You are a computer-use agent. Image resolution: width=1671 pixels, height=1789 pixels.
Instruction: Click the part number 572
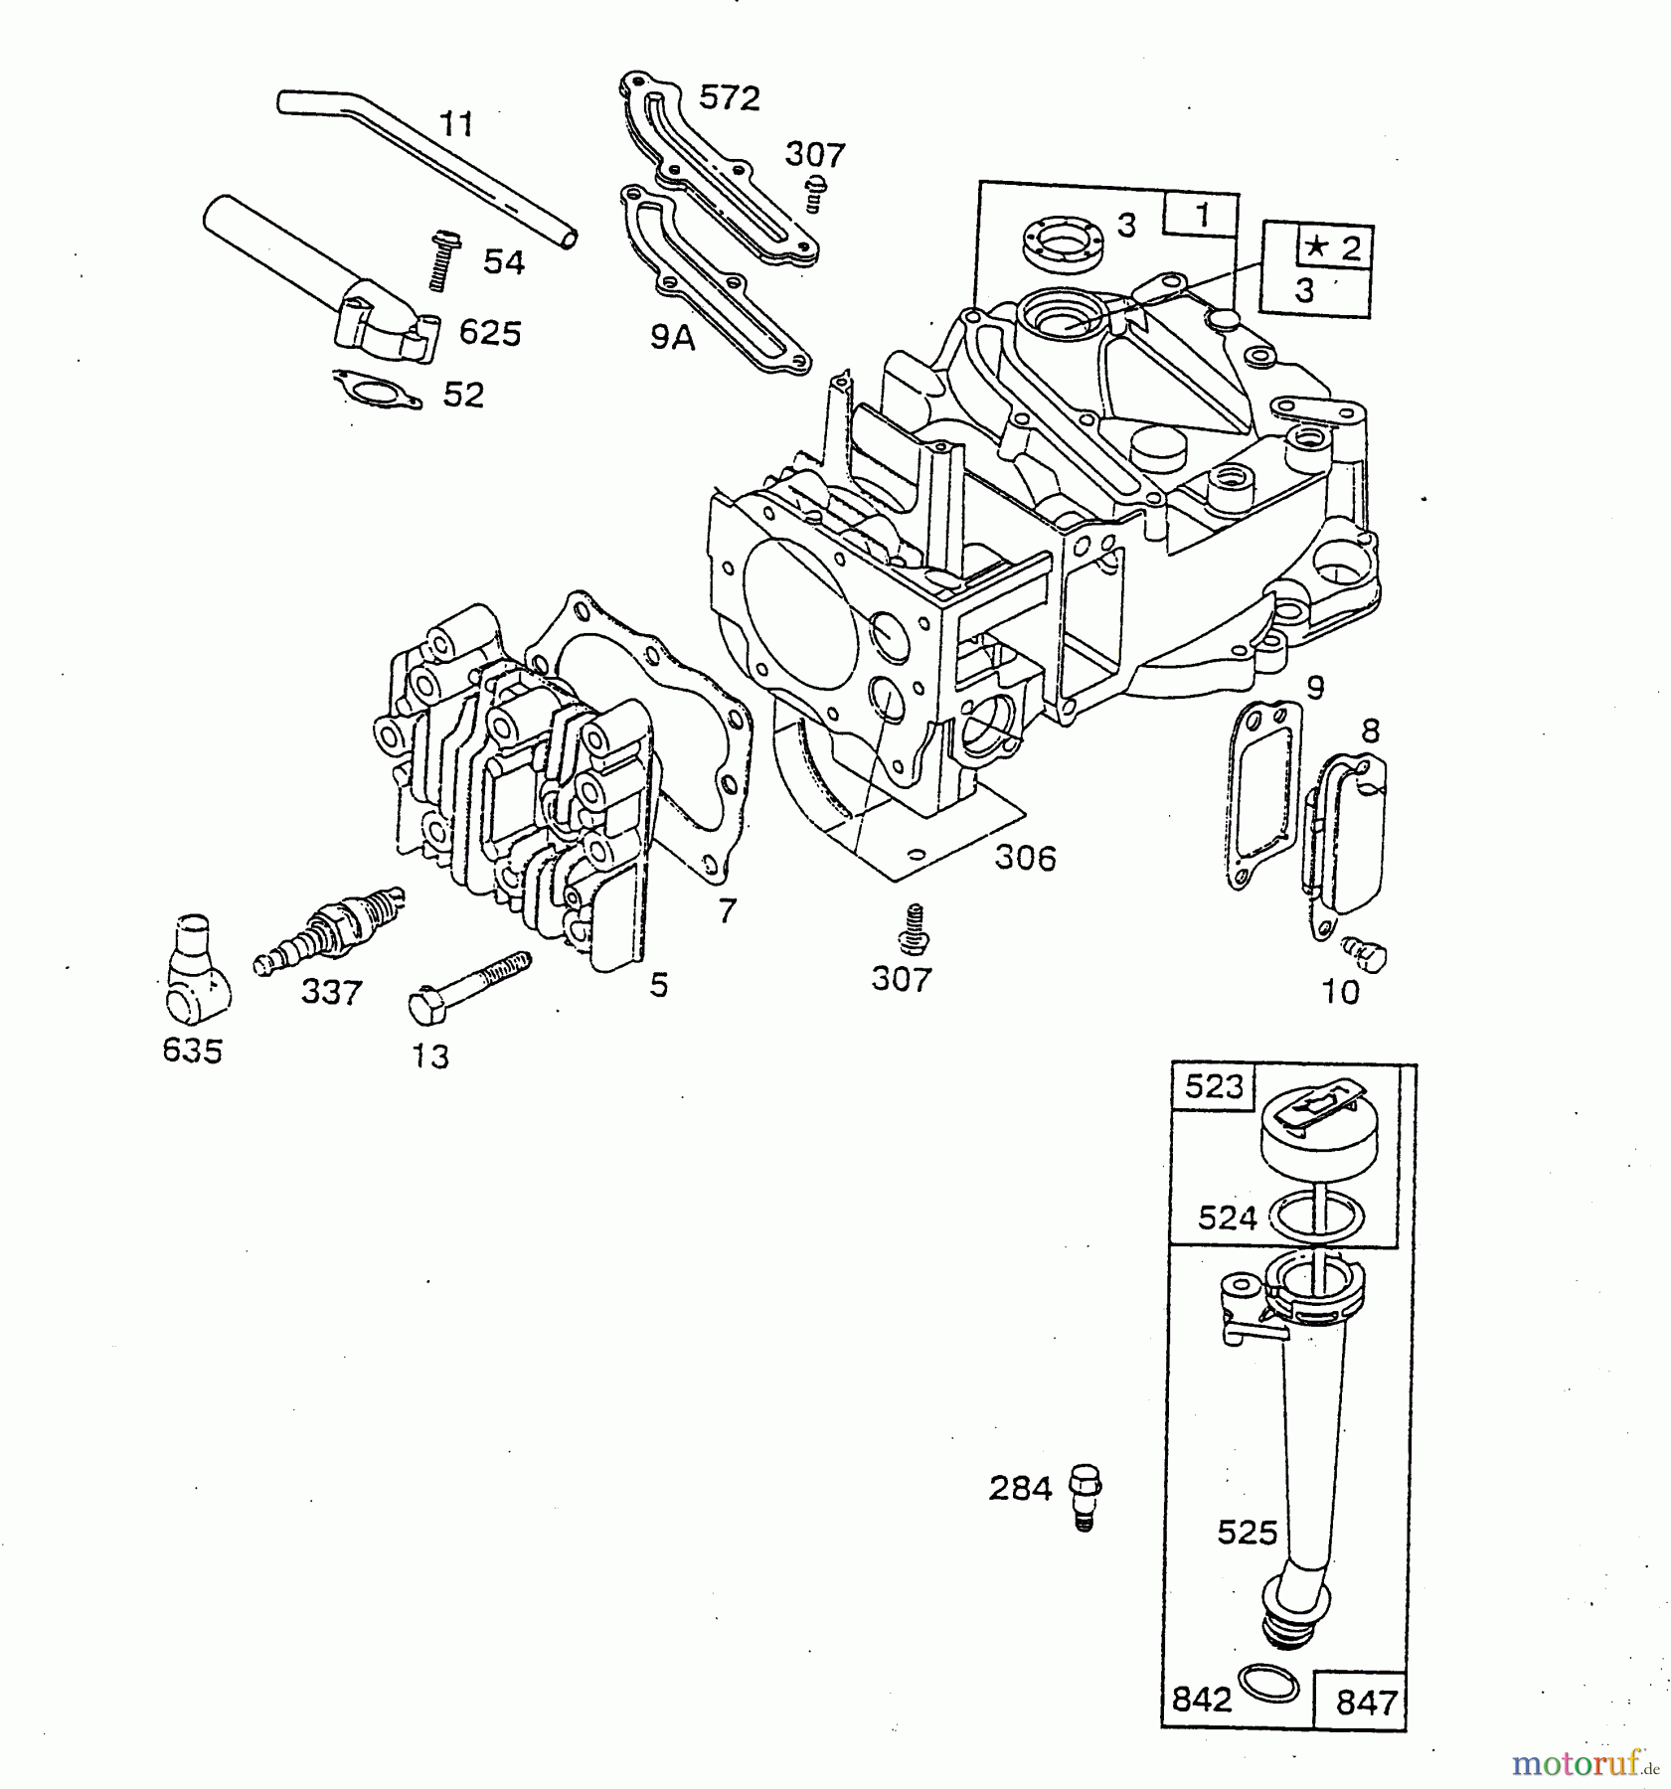(x=729, y=97)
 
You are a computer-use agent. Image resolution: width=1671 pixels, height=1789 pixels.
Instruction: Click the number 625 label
(x=490, y=333)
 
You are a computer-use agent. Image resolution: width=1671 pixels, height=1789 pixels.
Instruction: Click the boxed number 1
(x=1202, y=216)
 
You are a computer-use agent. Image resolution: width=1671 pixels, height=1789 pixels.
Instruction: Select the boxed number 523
(x=1215, y=1086)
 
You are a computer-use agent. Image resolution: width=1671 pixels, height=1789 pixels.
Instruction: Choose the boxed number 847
(x=1367, y=1703)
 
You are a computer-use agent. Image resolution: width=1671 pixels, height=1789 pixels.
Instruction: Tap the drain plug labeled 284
(x=1086, y=1493)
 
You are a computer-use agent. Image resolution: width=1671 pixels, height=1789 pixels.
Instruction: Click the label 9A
(x=672, y=338)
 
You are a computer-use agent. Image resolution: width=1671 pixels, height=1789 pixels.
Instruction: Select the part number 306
(x=1025, y=857)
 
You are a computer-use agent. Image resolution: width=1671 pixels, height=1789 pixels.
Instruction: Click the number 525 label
(x=1247, y=1533)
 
